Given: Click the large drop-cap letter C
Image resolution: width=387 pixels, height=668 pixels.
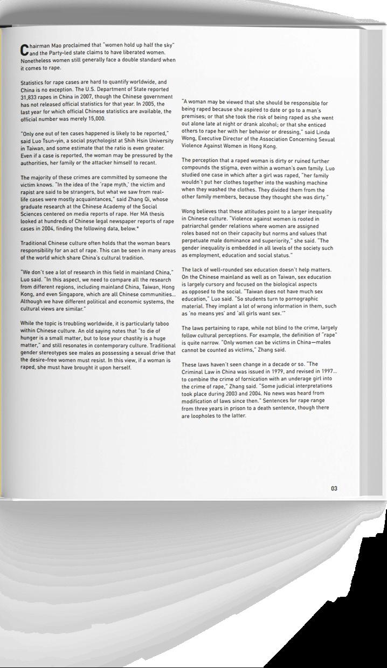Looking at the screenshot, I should point(24,50).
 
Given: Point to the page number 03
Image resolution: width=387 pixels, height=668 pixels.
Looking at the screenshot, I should point(334,488).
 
